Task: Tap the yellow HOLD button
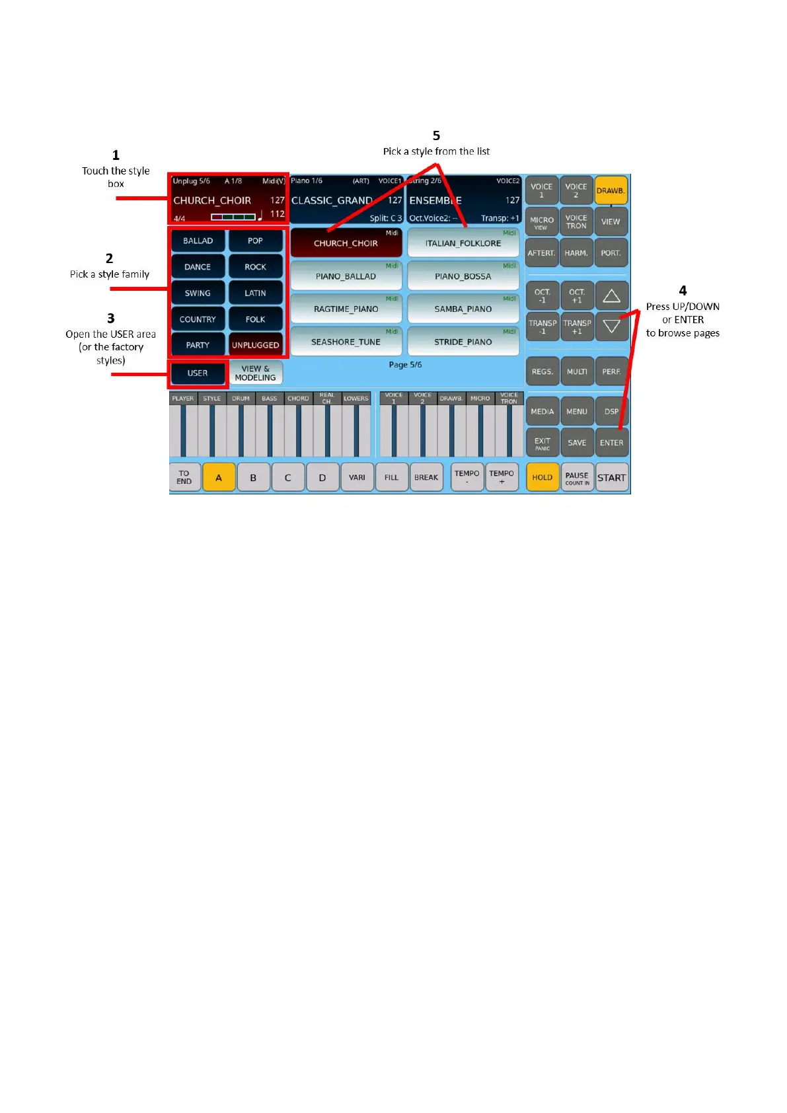[542, 477]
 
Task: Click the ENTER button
[611, 443]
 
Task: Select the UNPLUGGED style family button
[255, 345]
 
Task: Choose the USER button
[198, 373]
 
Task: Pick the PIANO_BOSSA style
[463, 276]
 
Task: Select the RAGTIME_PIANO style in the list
[346, 309]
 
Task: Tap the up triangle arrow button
[611, 295]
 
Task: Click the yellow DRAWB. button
[611, 190]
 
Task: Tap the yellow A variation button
[219, 477]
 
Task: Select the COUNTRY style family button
[198, 319]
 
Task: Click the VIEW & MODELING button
[255, 373]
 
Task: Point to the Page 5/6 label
[405, 365]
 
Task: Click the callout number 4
[683, 291]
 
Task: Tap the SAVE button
[577, 443]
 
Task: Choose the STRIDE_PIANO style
[463, 342]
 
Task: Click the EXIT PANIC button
[543, 443]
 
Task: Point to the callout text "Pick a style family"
[110, 274]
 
